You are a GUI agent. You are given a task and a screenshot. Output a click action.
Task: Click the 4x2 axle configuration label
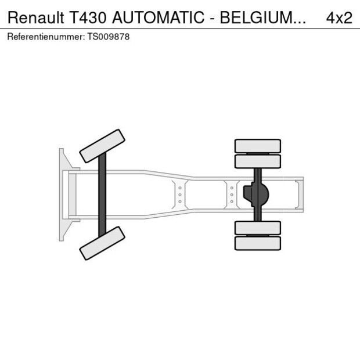point(339,17)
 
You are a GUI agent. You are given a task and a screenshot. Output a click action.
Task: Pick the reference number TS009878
point(108,36)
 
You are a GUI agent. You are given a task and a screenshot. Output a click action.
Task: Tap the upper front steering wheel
point(102,146)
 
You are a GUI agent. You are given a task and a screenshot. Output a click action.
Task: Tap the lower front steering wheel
point(102,243)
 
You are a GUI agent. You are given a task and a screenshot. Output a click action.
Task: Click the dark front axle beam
point(102,195)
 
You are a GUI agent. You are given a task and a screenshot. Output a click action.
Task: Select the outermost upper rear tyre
point(257,145)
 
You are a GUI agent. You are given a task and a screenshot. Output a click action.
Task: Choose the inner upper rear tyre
point(257,161)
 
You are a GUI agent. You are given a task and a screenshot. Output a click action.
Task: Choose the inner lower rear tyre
point(257,228)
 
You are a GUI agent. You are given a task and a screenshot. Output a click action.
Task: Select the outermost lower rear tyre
point(257,243)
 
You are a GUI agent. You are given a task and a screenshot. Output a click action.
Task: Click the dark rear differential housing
point(257,195)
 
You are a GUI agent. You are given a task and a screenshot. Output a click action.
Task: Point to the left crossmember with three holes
point(180,195)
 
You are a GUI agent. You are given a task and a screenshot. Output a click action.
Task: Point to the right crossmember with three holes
point(232,195)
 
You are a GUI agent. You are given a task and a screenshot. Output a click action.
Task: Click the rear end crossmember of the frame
point(299,195)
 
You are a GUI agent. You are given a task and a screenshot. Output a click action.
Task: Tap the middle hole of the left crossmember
point(180,195)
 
